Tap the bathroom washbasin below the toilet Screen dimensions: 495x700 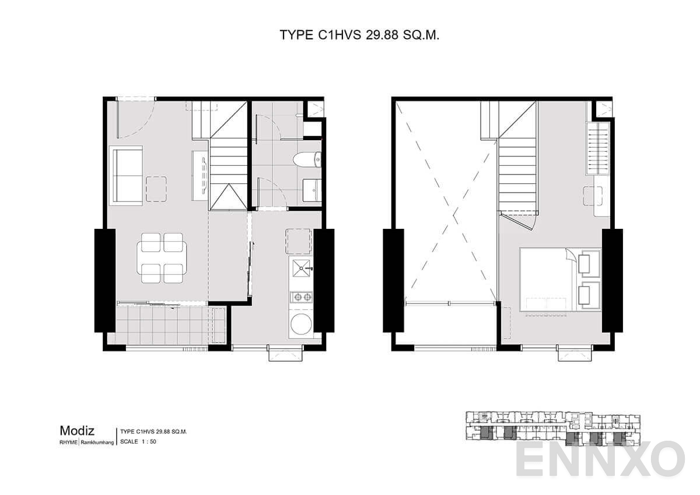click(311, 189)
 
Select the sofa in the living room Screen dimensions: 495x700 click(126, 175)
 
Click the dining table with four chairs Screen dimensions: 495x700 click(162, 258)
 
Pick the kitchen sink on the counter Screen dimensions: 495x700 click(301, 269)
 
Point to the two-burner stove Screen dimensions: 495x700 click(301, 297)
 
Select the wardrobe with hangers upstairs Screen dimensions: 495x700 click(597, 148)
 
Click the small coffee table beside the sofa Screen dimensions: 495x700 click(156, 189)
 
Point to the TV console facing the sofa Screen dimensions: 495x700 click(200, 173)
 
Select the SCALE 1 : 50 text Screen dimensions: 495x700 click(138, 442)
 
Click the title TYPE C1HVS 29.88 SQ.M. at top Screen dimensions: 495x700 click(359, 35)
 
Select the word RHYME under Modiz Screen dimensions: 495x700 click(68, 442)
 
